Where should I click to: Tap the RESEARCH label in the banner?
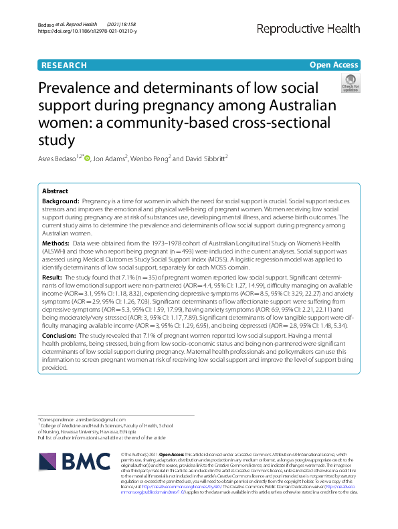[x=64, y=65]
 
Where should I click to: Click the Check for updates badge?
[x=350, y=83]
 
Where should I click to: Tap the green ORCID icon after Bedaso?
[x=87, y=158]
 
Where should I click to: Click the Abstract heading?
[x=55, y=191]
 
